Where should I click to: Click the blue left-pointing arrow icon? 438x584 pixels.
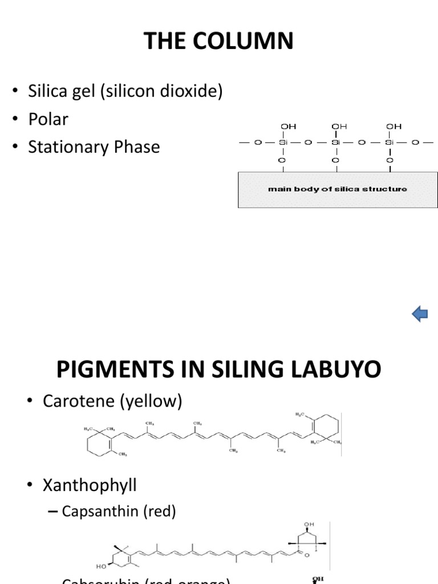[420, 313]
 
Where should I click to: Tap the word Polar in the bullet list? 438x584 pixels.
[50, 119]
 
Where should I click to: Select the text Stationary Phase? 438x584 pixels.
[101, 147]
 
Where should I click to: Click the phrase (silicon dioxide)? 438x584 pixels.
[162, 91]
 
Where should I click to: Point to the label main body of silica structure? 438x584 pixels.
[338, 189]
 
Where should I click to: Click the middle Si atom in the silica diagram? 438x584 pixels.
[335, 143]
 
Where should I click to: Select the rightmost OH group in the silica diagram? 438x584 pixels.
[394, 125]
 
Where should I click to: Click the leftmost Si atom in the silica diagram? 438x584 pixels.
[281, 143]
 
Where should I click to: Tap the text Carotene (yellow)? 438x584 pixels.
[112, 401]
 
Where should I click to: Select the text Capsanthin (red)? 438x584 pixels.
[119, 511]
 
